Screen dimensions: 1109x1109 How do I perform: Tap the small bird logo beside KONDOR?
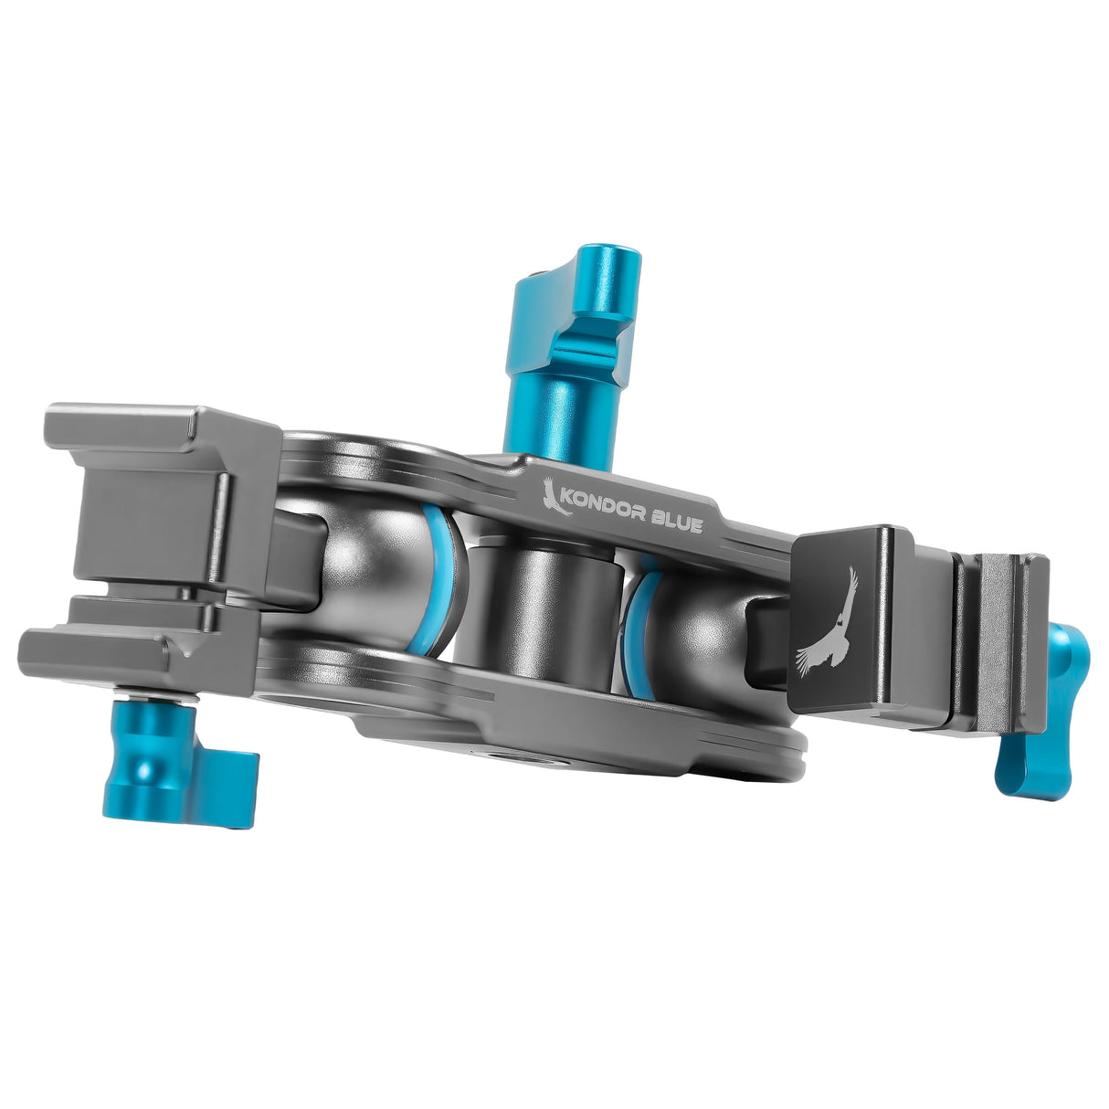click(554, 496)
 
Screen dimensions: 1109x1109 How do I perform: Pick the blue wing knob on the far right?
click(1041, 713)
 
